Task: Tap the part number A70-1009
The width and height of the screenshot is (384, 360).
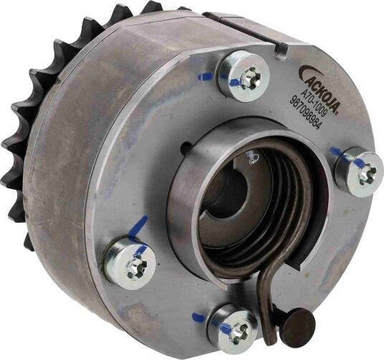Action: point(315,104)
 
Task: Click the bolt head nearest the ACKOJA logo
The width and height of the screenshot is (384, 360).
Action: point(244,75)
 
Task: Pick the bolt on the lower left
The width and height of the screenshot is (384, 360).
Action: point(130,263)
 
